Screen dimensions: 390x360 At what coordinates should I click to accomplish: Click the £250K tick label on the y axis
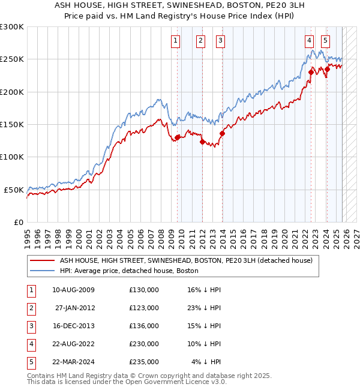click(x=12, y=59)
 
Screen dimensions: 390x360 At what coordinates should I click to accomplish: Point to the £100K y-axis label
click(x=12, y=157)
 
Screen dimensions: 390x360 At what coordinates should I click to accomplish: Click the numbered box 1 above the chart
click(x=175, y=41)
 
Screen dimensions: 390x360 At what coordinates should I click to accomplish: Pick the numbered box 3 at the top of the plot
click(x=220, y=41)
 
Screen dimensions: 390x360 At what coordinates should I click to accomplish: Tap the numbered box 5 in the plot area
click(x=325, y=41)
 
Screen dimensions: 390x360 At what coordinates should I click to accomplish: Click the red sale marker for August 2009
click(x=178, y=137)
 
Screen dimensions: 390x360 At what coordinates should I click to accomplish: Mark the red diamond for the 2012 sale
click(x=202, y=142)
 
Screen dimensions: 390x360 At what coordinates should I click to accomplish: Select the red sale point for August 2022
click(x=311, y=73)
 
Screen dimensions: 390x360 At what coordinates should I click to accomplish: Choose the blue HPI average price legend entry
click(x=129, y=271)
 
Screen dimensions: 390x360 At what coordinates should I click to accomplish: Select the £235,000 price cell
click(x=144, y=362)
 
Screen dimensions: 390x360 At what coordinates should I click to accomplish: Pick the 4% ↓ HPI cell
click(x=207, y=362)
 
